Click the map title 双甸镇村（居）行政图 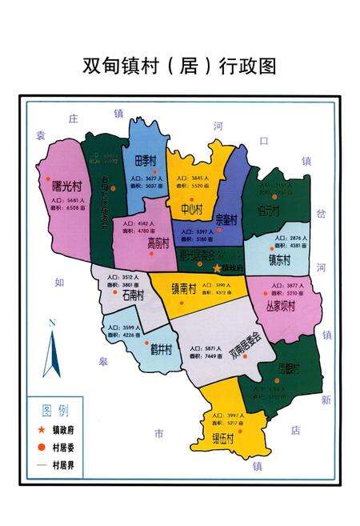(179, 65)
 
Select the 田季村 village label (145, 159)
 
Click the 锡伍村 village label (223, 439)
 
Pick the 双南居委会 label (244, 345)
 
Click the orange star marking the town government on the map (217, 267)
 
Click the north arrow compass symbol (52, 351)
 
